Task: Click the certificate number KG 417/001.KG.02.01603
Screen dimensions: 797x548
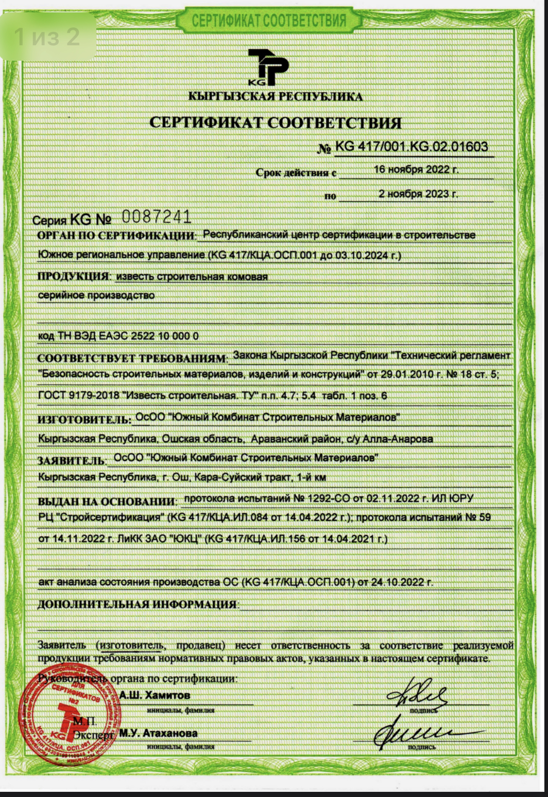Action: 411,147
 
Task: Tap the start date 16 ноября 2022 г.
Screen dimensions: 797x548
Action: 416,170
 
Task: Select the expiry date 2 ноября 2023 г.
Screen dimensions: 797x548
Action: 418,194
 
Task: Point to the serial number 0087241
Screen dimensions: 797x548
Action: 157,217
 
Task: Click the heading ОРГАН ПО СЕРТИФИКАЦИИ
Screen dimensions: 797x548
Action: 116,236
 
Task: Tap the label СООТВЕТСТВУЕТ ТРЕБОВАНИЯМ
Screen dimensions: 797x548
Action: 132,358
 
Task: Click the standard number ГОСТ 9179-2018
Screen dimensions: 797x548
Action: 71,396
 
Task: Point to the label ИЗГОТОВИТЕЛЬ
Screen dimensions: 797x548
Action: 84,419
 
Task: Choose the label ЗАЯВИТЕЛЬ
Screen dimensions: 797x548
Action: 71,460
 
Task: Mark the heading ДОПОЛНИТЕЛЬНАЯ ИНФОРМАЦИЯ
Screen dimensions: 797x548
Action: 137,605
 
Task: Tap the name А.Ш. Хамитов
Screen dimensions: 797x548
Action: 155,695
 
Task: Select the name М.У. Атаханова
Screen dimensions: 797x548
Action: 158,733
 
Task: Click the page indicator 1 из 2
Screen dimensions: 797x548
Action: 47,37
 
